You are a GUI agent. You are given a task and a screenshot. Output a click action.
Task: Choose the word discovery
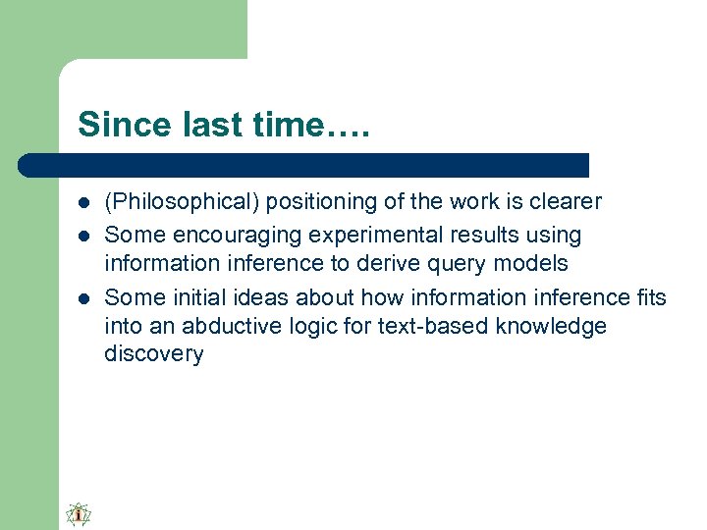153,354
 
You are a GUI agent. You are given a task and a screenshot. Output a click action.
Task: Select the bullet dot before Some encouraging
83,237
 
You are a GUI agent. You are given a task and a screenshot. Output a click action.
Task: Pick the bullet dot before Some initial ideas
83,297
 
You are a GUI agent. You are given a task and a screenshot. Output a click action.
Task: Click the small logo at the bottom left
79,514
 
